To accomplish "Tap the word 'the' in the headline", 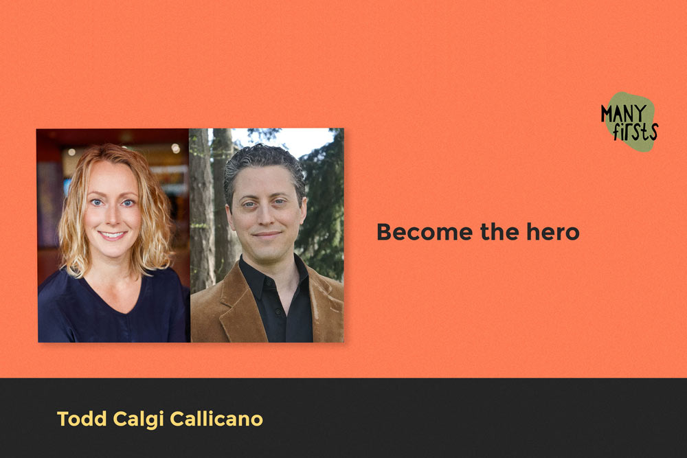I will point(495,232).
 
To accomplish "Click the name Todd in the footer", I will point(78,419).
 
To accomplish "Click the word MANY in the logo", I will point(622,111).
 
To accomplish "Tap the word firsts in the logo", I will point(635,130).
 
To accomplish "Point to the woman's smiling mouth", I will point(113,235).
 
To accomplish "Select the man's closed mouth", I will point(267,235).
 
